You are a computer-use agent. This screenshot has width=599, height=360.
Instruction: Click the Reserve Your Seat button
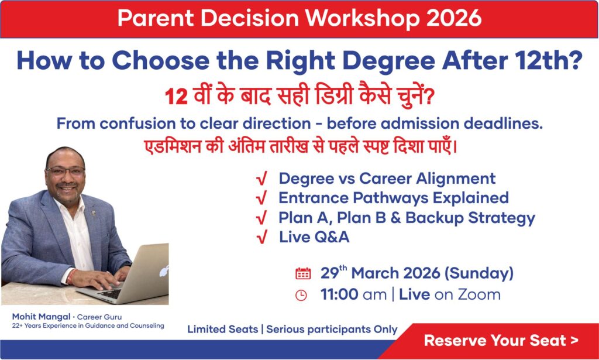click(501, 340)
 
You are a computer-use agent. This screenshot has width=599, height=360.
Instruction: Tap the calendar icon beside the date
click(303, 273)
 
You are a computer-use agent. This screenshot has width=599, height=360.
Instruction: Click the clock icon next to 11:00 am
click(301, 295)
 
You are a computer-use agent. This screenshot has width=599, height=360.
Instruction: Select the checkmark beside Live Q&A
click(261, 237)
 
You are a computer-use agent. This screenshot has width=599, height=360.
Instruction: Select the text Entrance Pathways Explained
click(393, 198)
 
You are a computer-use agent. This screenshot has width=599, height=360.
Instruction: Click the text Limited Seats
click(222, 330)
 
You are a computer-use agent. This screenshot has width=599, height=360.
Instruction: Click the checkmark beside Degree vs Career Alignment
click(261, 179)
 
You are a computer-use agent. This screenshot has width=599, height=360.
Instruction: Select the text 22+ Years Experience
click(44, 325)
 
